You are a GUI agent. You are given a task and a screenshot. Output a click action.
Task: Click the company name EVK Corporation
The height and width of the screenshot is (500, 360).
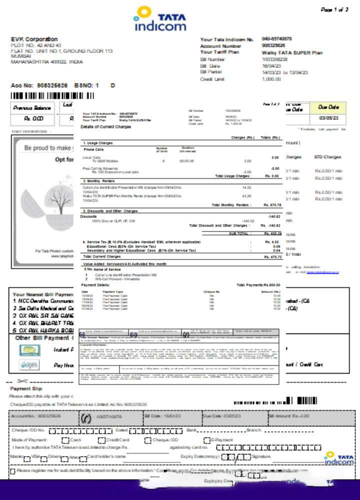coord(34,39)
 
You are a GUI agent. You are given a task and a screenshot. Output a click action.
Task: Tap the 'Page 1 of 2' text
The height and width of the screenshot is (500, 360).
coord(334,9)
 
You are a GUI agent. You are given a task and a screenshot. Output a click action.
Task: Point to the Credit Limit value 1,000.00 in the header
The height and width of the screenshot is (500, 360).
coord(271,79)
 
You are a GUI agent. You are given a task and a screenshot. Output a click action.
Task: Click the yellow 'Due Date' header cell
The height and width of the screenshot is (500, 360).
coord(328,107)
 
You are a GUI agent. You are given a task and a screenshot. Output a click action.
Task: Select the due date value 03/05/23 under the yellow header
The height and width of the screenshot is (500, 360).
coord(328,118)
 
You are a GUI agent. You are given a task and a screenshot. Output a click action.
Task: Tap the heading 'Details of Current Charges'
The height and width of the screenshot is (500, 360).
coord(105,127)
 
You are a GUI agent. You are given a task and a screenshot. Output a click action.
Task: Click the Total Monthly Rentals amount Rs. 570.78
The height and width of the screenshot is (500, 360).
coord(272,205)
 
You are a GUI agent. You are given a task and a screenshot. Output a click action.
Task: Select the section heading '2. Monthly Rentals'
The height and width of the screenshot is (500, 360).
coord(98,181)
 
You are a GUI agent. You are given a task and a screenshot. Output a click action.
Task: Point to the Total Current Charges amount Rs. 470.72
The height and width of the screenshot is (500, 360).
coord(272,256)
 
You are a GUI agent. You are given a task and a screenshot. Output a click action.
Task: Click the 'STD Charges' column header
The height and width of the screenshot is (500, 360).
coord(328,157)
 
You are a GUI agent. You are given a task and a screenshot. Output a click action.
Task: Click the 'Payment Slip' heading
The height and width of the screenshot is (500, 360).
coord(26,388)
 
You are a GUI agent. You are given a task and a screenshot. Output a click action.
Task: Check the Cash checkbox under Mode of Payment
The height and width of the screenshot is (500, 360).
coord(65,440)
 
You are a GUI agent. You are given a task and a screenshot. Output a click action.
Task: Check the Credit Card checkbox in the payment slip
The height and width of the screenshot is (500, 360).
coord(101,440)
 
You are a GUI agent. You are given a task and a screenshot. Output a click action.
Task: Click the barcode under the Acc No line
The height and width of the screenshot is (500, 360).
coord(52,95)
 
